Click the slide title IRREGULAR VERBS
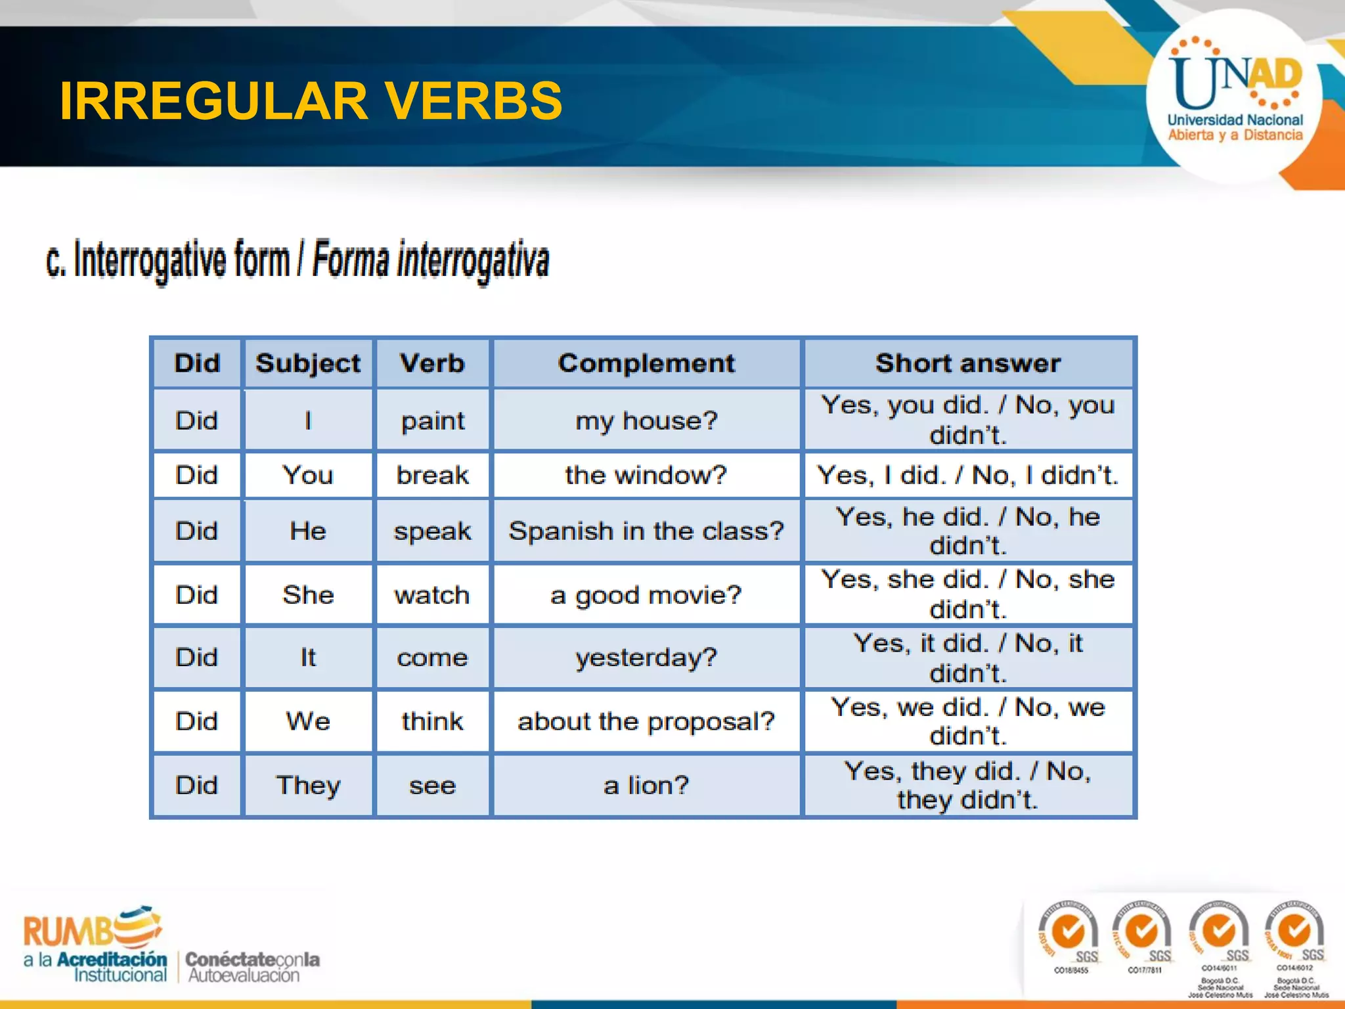tap(311, 101)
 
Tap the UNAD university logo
tap(1235, 95)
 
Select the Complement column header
tap(646, 363)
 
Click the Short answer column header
tap(968, 363)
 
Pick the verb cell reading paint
tap(432, 420)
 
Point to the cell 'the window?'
tap(646, 475)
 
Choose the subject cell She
tap(308, 594)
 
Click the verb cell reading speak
tap(432, 531)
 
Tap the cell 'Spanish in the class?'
tap(646, 531)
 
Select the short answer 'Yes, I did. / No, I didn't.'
tap(968, 475)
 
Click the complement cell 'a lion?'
tap(646, 785)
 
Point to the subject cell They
tap(308, 785)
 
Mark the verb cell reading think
tap(432, 721)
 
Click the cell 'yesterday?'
tap(646, 658)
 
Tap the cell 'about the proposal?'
tap(646, 721)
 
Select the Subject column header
tap(308, 363)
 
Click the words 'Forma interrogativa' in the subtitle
tap(430, 261)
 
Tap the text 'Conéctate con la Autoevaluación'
tap(252, 967)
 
